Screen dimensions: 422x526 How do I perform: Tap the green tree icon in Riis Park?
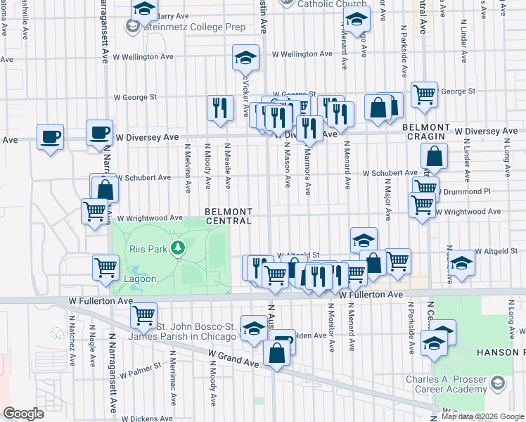click(179, 248)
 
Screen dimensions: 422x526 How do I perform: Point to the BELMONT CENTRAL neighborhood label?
click(229, 216)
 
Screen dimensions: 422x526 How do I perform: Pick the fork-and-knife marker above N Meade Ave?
click(220, 107)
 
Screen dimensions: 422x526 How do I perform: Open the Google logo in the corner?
click(23, 414)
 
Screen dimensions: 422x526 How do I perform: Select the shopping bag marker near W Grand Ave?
click(277, 354)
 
